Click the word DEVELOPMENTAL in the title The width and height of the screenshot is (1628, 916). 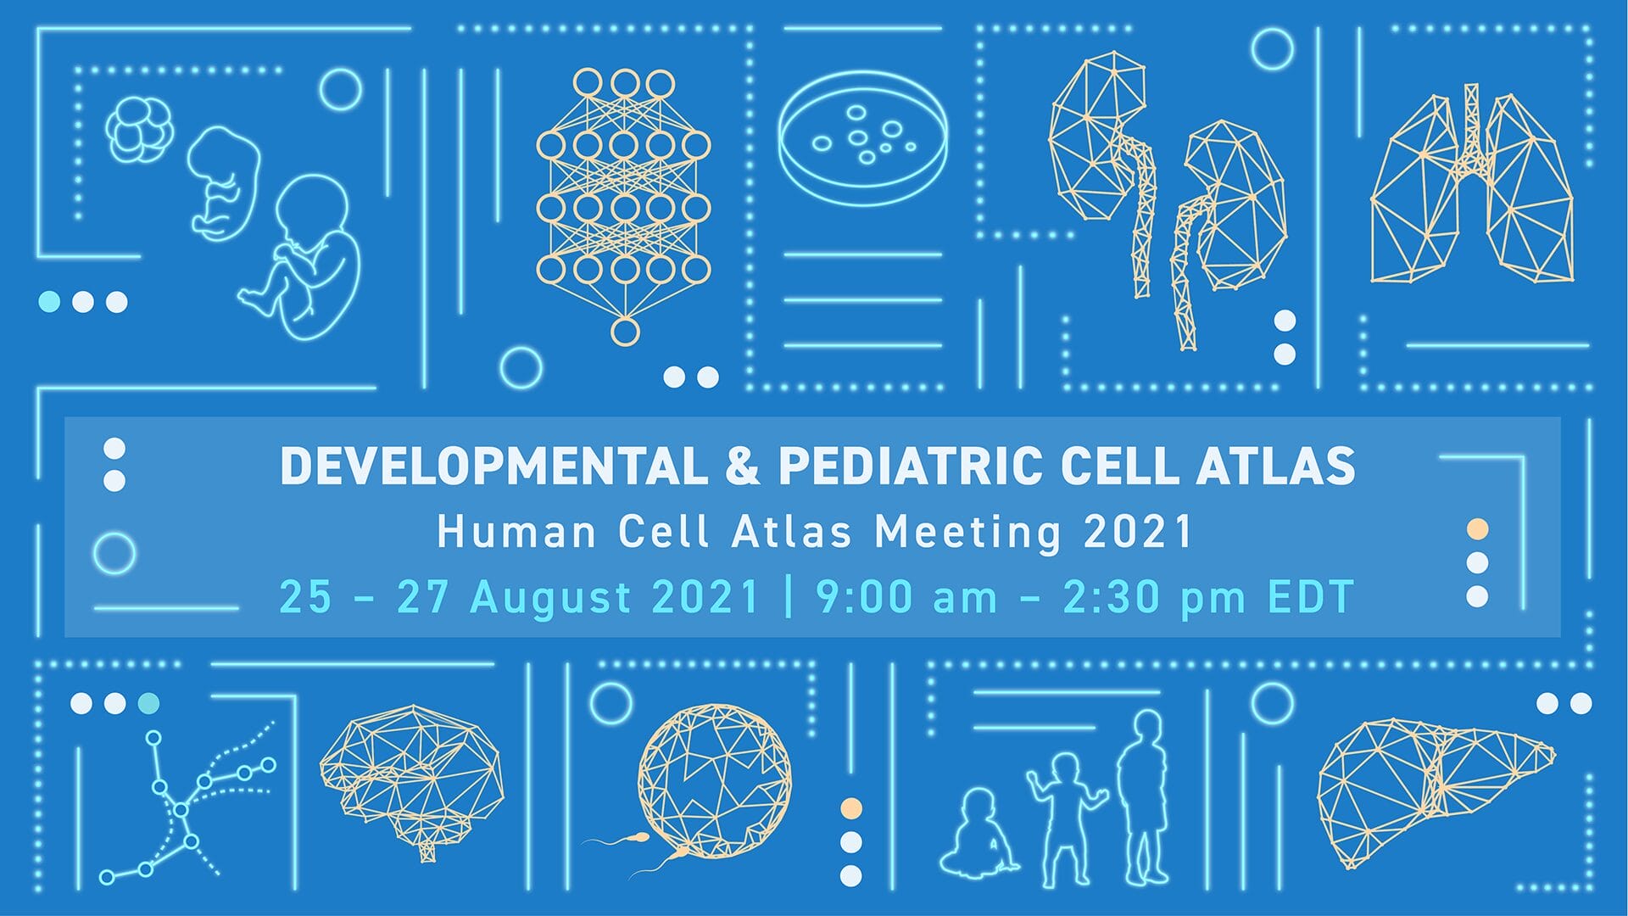[x=493, y=466]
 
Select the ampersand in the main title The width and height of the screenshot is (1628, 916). [x=743, y=466]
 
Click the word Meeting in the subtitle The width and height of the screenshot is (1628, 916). [x=967, y=533]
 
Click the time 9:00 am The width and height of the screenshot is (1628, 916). [x=906, y=597]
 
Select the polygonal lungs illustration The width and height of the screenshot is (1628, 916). [x=1472, y=182]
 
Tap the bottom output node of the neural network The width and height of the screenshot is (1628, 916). [x=625, y=332]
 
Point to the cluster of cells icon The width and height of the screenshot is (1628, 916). [x=140, y=130]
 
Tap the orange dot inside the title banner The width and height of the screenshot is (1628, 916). [x=1477, y=529]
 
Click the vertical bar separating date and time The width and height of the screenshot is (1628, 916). [x=789, y=596]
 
